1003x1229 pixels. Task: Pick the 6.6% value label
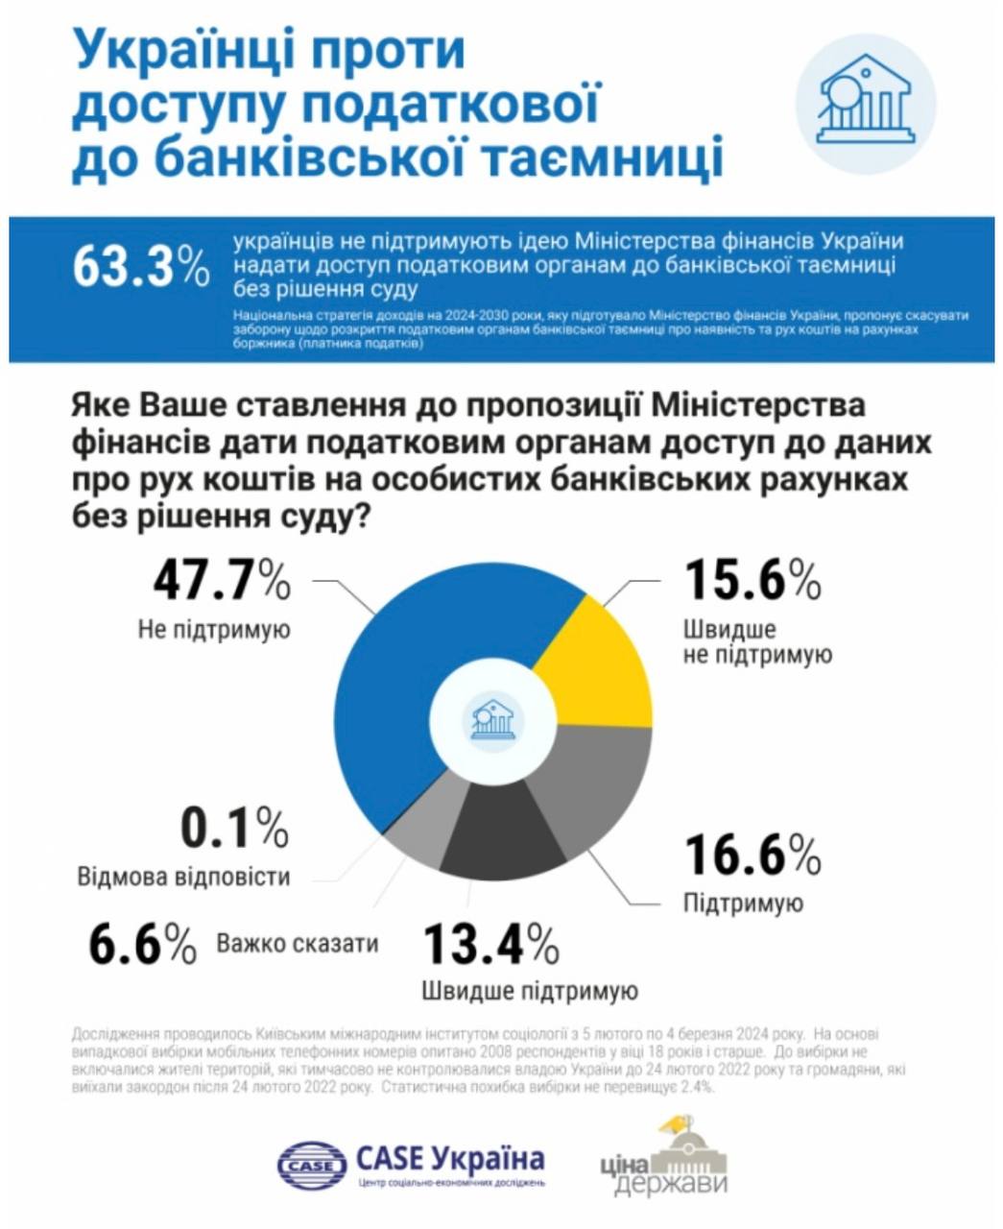click(x=143, y=943)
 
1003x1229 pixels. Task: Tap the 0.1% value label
click(x=234, y=828)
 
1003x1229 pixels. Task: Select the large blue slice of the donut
click(x=422, y=672)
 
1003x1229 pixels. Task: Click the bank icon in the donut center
click(x=493, y=719)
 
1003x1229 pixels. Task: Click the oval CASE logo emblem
click(x=311, y=1166)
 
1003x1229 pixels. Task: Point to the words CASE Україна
click(x=450, y=1159)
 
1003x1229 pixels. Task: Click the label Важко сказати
click(x=298, y=943)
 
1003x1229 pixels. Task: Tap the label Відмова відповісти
click(x=182, y=877)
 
